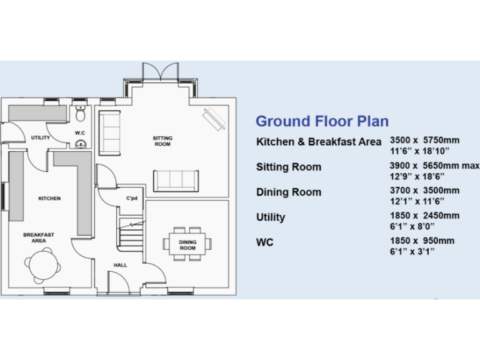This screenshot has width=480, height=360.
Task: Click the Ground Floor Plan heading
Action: (322, 121)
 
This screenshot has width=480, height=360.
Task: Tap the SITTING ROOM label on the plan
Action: (162, 141)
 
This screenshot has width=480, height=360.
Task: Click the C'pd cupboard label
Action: (131, 199)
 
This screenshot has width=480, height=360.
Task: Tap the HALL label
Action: (121, 265)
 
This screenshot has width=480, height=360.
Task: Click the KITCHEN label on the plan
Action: (49, 199)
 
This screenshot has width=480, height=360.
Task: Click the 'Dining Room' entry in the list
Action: (289, 192)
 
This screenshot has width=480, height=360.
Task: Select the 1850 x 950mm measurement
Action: (422, 241)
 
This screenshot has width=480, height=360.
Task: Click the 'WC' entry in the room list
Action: (264, 242)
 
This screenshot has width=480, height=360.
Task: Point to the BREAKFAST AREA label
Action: (39, 237)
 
